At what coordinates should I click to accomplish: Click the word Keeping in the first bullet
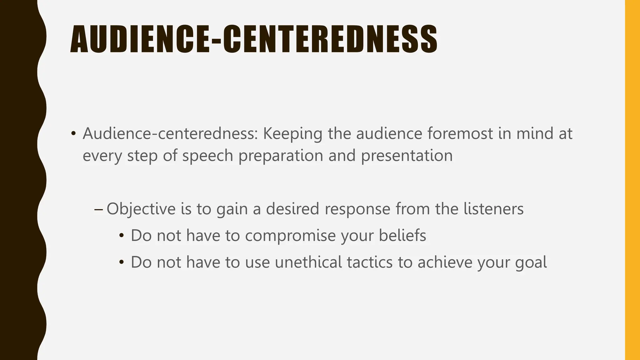point(292,134)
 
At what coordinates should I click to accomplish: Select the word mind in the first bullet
point(533,134)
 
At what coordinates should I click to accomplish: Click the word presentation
point(407,156)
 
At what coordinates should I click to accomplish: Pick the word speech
point(208,156)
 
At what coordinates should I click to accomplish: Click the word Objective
point(141,209)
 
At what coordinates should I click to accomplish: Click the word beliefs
point(402,236)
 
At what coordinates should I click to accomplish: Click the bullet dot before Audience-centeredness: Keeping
point(73,134)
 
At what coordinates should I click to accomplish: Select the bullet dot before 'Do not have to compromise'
point(122,236)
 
